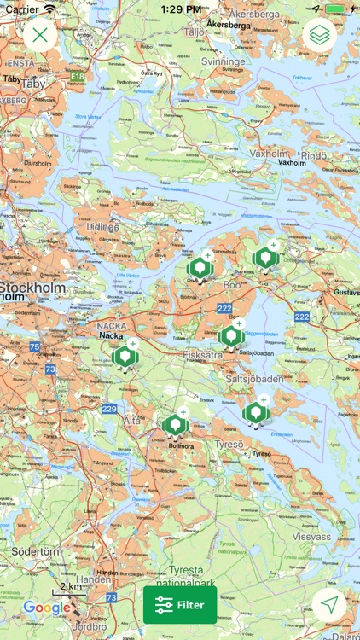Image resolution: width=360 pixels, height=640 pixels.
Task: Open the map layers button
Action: point(320,35)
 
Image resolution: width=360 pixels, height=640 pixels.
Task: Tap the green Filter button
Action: point(180,605)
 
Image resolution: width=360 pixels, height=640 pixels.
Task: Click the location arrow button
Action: point(329,605)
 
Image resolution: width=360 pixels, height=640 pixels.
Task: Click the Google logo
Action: point(47,608)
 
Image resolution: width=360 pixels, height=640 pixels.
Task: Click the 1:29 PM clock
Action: point(180,9)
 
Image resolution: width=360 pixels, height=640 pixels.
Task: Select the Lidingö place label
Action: point(103,227)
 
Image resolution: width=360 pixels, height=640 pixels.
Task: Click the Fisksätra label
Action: point(203,354)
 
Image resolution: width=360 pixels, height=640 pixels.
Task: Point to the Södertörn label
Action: point(30,551)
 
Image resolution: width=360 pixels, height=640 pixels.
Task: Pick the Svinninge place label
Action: point(223,62)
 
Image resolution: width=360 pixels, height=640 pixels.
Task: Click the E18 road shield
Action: point(78,76)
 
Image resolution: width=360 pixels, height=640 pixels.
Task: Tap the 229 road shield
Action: point(109,409)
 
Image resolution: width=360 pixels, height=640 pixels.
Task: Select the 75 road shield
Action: point(34,346)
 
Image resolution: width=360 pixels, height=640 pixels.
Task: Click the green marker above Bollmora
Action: point(176,424)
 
